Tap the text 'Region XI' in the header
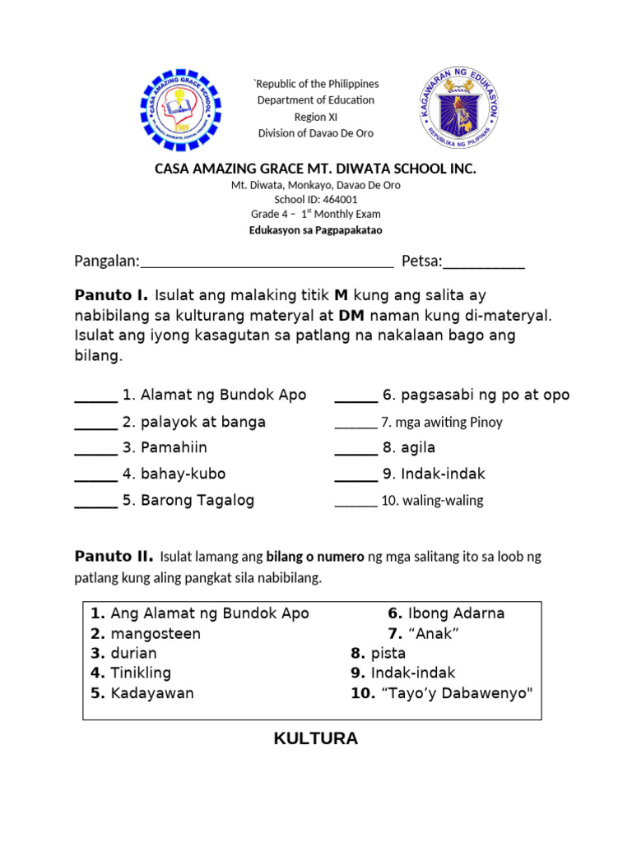tap(316, 117)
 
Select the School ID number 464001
tap(339, 199)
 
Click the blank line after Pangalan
tap(267, 263)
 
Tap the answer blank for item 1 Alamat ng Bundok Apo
tap(95, 396)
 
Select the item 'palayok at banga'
tap(203, 422)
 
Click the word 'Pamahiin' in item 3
tap(174, 448)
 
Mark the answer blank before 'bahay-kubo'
tap(95, 475)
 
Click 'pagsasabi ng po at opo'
tap(485, 396)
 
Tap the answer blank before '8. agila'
tap(355, 449)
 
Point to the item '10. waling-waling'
tap(432, 501)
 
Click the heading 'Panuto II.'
tap(114, 557)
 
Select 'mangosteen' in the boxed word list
tap(156, 634)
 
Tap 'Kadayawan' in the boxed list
tap(152, 693)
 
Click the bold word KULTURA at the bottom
tap(316, 738)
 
